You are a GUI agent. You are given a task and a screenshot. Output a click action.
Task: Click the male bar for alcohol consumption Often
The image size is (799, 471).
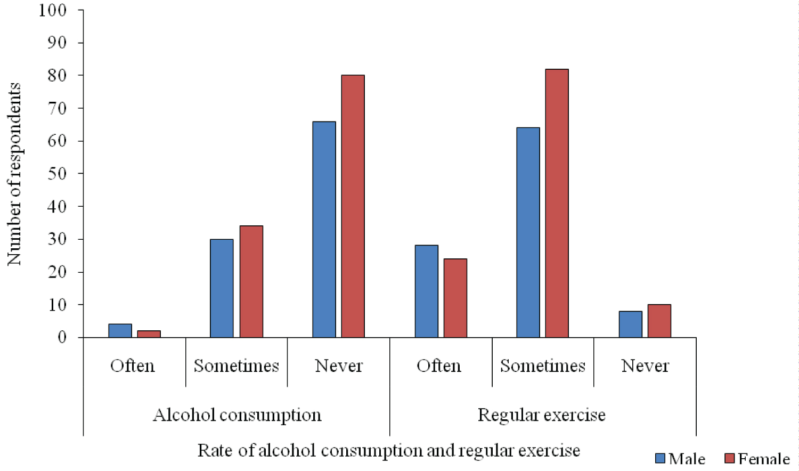(120, 331)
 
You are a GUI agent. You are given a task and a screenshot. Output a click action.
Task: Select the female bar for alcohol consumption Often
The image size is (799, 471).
(149, 334)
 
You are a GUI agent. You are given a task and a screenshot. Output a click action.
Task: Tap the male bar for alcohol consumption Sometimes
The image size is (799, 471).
(222, 288)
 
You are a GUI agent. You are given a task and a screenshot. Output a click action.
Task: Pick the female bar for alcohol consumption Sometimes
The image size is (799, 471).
(251, 282)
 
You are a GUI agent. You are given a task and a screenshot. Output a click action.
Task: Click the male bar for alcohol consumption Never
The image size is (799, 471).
(324, 230)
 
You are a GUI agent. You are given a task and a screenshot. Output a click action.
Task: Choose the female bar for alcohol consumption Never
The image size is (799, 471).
(353, 206)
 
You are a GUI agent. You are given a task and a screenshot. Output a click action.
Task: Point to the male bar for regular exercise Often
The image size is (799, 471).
(426, 291)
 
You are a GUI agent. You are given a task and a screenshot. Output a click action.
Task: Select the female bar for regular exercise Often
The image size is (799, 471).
(455, 298)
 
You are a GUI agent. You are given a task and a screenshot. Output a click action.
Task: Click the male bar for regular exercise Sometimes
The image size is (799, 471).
(528, 232)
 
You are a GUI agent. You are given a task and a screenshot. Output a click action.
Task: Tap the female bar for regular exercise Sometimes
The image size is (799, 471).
(557, 203)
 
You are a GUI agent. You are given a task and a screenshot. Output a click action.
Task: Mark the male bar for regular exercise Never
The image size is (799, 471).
(630, 324)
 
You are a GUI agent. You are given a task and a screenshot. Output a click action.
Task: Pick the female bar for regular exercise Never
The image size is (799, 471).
(659, 321)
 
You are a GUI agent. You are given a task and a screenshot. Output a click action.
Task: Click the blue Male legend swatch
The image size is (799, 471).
(661, 458)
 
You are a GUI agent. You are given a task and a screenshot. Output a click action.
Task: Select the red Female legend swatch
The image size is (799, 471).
(730, 458)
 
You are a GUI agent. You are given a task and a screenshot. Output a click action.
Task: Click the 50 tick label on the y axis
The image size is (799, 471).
(57, 174)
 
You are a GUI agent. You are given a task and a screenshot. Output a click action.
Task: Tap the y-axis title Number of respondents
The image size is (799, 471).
(14, 174)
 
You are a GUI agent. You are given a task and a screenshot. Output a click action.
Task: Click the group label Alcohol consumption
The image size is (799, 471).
(237, 415)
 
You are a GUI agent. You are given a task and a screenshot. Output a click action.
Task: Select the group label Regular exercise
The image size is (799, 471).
(542, 415)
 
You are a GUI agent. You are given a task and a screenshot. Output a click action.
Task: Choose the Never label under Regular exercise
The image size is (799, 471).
(645, 366)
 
